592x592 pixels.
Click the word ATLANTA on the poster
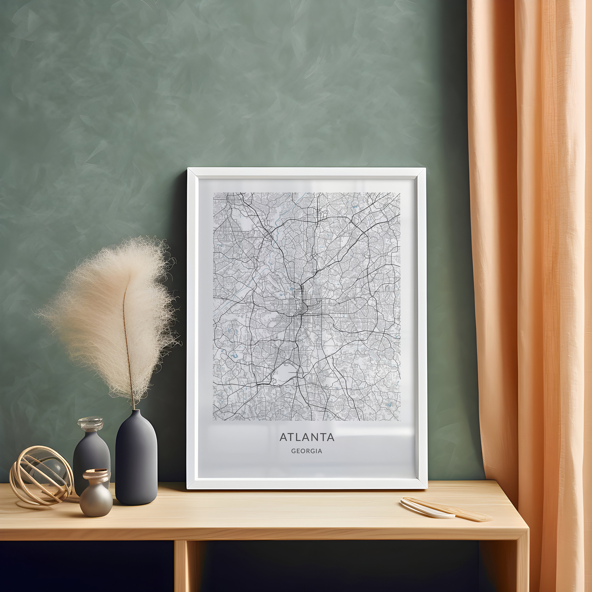307,437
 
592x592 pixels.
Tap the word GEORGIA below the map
307,451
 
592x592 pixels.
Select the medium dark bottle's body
91,453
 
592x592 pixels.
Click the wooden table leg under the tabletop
181,564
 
